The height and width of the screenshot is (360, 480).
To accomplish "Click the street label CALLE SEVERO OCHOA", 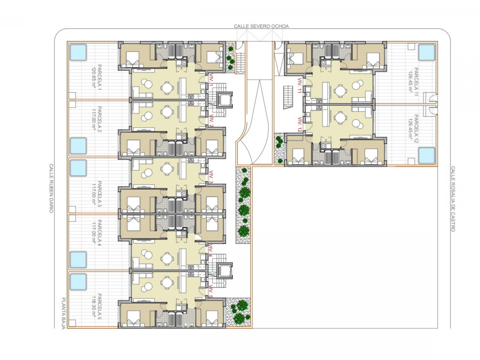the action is pyautogui.click(x=261, y=26).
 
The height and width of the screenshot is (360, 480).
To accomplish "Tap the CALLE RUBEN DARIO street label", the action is pyautogui.click(x=51, y=188).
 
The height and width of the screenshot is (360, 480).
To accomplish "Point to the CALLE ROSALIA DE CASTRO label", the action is pyautogui.click(x=453, y=199).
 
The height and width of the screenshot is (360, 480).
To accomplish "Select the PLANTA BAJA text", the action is pyautogui.click(x=63, y=313).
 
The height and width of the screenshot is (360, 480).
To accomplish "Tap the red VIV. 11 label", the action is pyautogui.click(x=300, y=85).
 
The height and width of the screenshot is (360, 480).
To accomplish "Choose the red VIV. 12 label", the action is pyautogui.click(x=300, y=124).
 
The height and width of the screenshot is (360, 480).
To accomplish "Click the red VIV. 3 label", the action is pyautogui.click(x=211, y=177).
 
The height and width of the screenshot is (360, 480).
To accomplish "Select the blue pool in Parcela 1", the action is pyautogui.click(x=78, y=52).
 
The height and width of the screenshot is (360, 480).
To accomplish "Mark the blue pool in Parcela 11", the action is pyautogui.click(x=427, y=52).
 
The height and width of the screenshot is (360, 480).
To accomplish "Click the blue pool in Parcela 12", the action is pyautogui.click(x=427, y=155).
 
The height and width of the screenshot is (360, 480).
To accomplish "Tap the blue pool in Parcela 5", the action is pyautogui.click(x=78, y=282).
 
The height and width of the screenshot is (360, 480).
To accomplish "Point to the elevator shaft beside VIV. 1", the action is pyautogui.click(x=224, y=100).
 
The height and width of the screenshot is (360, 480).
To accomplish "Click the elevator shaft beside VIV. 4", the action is pyautogui.click(x=224, y=271).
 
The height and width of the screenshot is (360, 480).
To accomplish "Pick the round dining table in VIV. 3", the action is pyautogui.click(x=167, y=169).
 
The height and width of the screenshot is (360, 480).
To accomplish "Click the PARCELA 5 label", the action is pyautogui.click(x=99, y=306).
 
